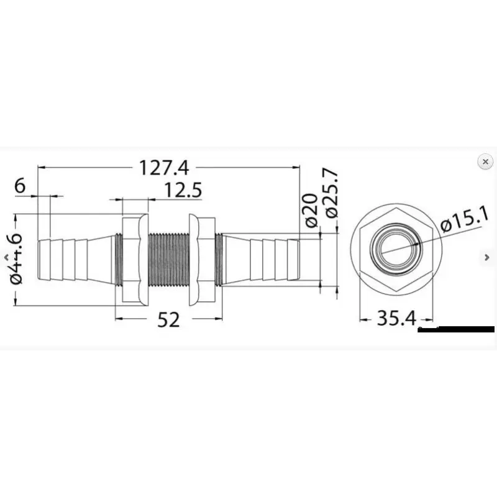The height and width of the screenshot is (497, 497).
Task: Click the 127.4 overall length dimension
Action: (x=164, y=168)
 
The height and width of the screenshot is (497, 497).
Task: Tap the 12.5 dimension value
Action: (x=183, y=191)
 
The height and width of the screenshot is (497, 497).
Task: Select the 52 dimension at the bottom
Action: (x=168, y=319)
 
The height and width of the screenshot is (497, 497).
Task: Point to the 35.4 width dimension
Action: (x=396, y=318)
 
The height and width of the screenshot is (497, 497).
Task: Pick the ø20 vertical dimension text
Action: (x=311, y=210)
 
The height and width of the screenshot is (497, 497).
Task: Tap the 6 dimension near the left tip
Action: (x=20, y=185)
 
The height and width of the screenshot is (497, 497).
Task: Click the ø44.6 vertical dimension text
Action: (x=17, y=259)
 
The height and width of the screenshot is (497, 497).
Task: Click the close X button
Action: (x=485, y=162)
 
